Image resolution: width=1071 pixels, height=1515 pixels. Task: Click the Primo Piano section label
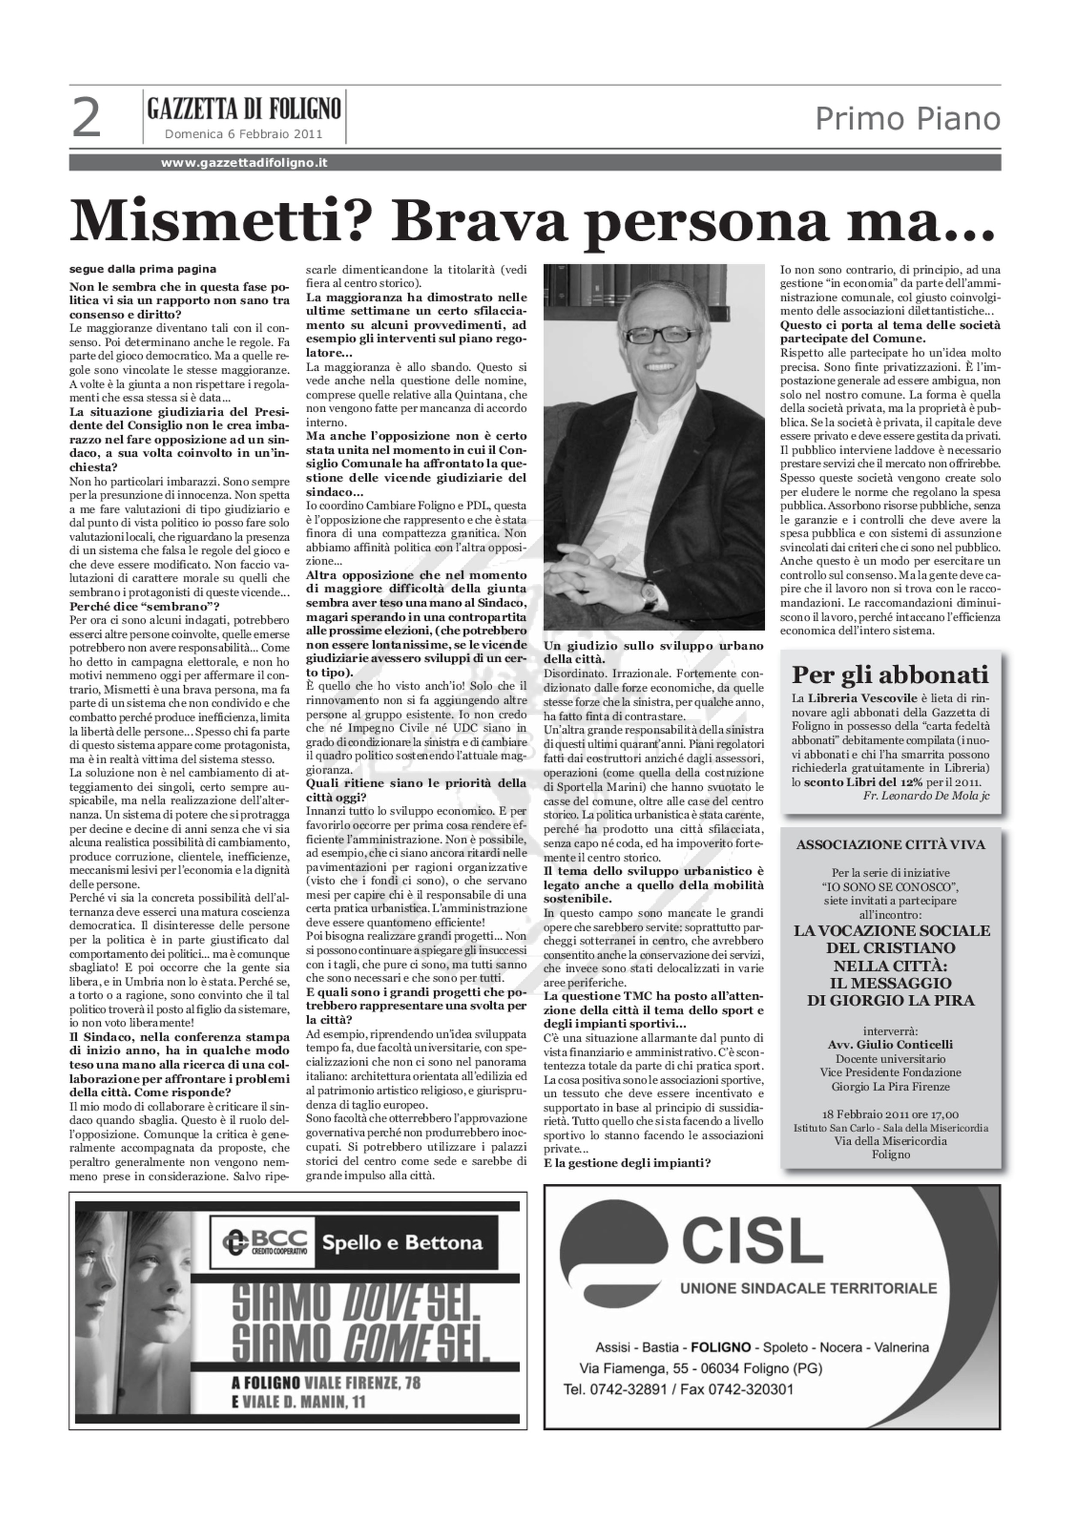coord(907,120)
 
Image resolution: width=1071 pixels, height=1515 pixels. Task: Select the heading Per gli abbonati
coord(890,675)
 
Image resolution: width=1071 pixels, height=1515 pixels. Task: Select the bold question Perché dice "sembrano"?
coord(144,606)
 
